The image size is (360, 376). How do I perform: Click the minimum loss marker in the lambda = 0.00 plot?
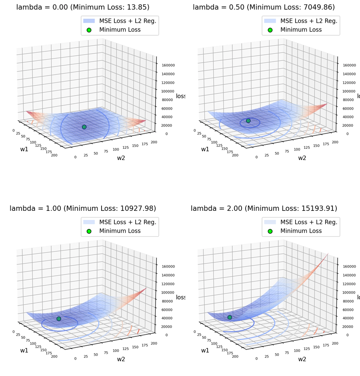pyautogui.click(x=84, y=127)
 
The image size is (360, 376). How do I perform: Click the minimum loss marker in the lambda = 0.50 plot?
pyautogui.click(x=248, y=120)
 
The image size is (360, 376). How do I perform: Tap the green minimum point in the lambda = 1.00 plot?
pyautogui.click(x=59, y=318)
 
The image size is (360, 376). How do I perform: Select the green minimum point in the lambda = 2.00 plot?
pyautogui.click(x=230, y=317)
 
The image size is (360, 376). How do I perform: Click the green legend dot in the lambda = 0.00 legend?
pyautogui.click(x=89, y=30)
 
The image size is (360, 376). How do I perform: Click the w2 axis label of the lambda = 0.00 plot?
pyautogui.click(x=121, y=158)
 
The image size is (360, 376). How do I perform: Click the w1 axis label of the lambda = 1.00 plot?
pyautogui.click(x=24, y=350)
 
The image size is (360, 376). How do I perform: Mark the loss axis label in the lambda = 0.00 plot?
pyautogui.click(x=180, y=96)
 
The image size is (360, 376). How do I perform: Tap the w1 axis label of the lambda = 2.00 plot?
pyautogui.click(x=205, y=350)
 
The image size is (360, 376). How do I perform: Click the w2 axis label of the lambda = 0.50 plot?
pyautogui.click(x=302, y=158)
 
